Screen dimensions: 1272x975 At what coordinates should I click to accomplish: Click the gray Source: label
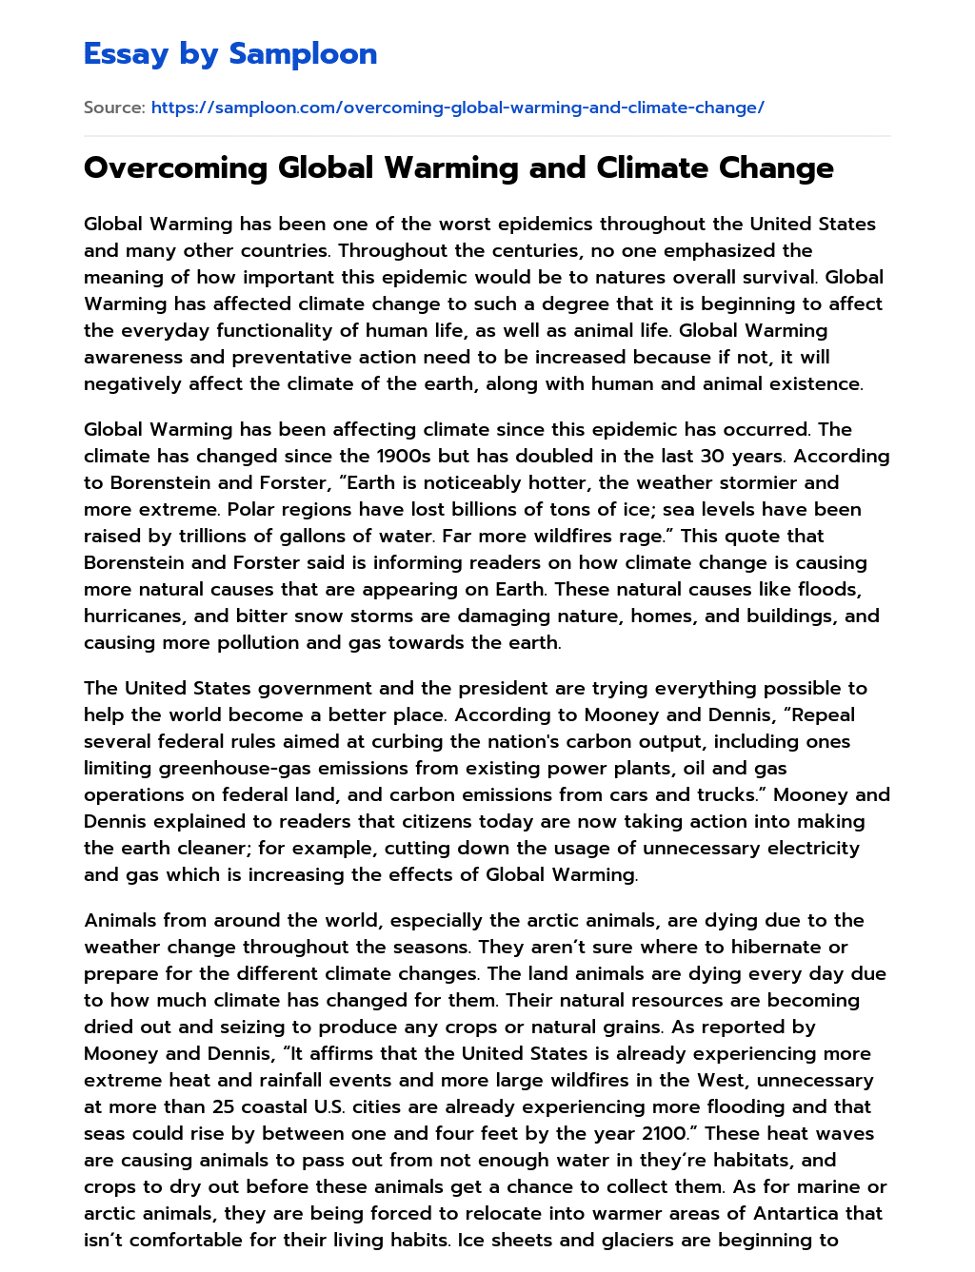(114, 108)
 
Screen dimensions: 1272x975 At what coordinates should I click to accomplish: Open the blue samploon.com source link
(457, 108)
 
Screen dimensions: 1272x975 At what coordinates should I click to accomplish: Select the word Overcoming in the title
(175, 168)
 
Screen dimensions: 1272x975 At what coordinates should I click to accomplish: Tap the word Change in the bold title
(776, 168)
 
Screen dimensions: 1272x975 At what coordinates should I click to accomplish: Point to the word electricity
(806, 849)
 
